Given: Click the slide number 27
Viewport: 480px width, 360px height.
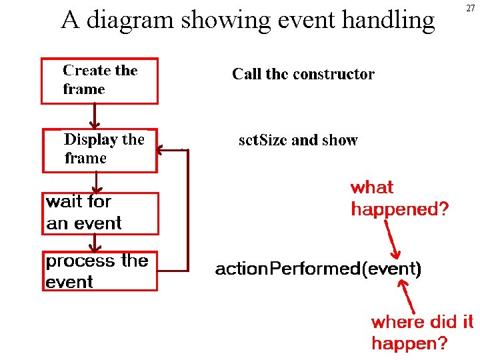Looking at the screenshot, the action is pyautogui.click(x=471, y=9).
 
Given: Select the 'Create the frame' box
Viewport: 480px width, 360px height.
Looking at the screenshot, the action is pyautogui.click(x=100, y=81).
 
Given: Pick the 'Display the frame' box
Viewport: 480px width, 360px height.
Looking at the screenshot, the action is pyautogui.click(x=100, y=150).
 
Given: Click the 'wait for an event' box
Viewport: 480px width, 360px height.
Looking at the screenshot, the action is pyautogui.click(x=101, y=213).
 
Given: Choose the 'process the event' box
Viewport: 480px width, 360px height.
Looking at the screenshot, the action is pyautogui.click(x=100, y=271).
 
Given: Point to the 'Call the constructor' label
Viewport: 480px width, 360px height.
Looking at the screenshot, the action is pyautogui.click(x=303, y=74).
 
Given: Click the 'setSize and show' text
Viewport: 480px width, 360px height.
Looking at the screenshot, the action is pyautogui.click(x=298, y=140).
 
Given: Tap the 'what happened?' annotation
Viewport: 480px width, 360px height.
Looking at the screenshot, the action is pyautogui.click(x=399, y=198).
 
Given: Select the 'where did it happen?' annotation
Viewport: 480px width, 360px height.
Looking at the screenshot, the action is pyautogui.click(x=422, y=332).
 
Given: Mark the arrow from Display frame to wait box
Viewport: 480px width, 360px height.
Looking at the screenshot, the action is pyautogui.click(x=97, y=183).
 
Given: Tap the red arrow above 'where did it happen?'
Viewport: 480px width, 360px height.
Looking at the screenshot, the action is pyautogui.click(x=407, y=297).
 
